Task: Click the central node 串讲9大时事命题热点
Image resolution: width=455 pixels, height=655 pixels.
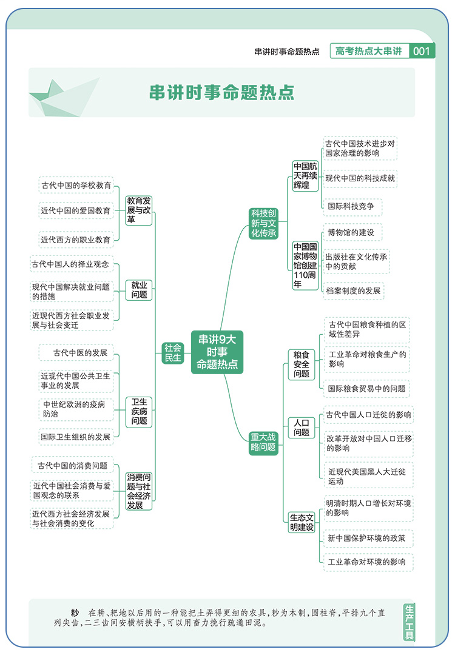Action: (217, 352)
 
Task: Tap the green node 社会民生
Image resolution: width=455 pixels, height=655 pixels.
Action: (173, 352)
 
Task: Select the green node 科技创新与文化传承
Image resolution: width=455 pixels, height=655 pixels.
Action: (264, 223)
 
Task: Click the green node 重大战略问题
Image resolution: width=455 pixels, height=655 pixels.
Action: (263, 443)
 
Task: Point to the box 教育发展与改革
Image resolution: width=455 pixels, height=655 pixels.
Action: (139, 210)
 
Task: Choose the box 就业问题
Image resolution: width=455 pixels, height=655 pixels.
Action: (139, 289)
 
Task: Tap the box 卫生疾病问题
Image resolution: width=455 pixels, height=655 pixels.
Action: (139, 411)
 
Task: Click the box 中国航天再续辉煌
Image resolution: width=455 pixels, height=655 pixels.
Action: (305, 176)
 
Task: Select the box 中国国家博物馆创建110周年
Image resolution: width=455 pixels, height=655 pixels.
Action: (305, 265)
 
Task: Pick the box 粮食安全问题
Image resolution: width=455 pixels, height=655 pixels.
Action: (302, 364)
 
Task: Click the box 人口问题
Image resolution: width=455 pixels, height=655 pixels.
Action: (302, 427)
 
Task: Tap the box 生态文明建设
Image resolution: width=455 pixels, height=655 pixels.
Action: (302, 522)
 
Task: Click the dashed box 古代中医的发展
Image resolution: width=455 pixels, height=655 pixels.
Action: (76, 352)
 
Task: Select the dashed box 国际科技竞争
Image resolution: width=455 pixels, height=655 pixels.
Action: (352, 206)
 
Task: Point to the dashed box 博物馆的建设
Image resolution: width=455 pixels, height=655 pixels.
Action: (352, 232)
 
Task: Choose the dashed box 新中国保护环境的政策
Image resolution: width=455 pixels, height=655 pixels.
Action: (367, 538)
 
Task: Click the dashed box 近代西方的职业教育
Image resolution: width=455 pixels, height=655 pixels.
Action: (76, 240)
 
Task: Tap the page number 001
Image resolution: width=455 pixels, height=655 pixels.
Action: (422, 52)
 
